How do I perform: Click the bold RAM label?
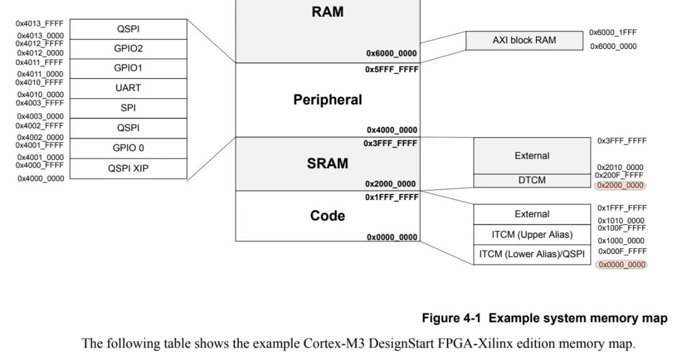click(x=327, y=12)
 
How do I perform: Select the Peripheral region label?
click(x=327, y=100)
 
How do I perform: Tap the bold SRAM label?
click(x=327, y=164)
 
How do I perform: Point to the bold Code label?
click(x=327, y=216)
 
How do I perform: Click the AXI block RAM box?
click(x=524, y=41)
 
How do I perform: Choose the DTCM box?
click(x=532, y=180)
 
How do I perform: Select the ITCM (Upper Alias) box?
click(x=532, y=235)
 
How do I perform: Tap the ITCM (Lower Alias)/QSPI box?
click(x=532, y=254)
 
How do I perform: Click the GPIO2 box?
click(x=128, y=48)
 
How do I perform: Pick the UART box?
click(x=128, y=88)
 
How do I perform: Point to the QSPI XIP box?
click(x=128, y=168)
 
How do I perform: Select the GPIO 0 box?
click(x=128, y=148)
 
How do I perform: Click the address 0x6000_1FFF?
click(x=613, y=32)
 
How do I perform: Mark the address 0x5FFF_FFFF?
click(x=391, y=70)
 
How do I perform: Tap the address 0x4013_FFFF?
click(x=39, y=23)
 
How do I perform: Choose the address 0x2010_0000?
click(x=621, y=167)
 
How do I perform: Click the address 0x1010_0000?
click(x=621, y=221)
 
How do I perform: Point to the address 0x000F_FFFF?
click(x=622, y=251)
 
